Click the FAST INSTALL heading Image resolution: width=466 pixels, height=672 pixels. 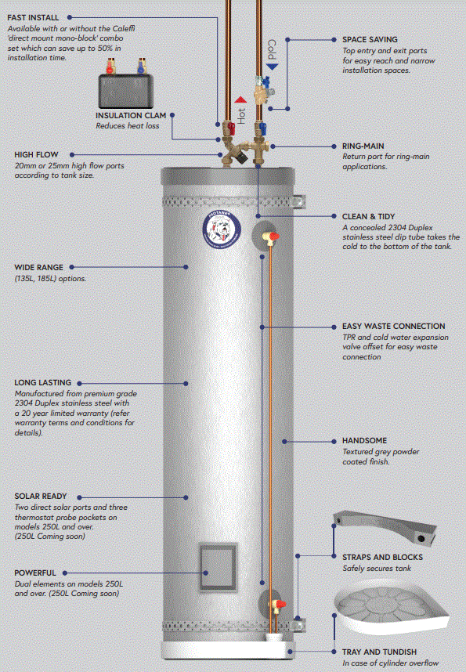coord(38,16)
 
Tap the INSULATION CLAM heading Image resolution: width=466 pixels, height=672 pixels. coord(130,115)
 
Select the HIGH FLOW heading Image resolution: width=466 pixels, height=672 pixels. coord(36,154)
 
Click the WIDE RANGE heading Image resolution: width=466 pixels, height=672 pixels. coord(38,267)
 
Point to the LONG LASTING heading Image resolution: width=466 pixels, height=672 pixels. coord(42,383)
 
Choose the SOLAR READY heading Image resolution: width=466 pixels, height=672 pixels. coord(41,496)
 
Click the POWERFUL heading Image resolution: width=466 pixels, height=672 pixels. coord(36,573)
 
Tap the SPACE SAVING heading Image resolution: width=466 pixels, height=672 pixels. coord(370,39)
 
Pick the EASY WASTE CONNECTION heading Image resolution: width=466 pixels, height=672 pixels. coord(393,326)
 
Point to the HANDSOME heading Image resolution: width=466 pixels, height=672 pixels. coord(364,441)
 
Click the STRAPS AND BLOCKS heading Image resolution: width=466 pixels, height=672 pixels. coord(382,557)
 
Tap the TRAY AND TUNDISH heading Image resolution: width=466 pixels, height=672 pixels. coord(379,652)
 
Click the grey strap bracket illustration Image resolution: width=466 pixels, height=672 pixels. coord(384,526)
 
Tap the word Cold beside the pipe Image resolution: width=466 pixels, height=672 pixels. coord(272,50)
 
